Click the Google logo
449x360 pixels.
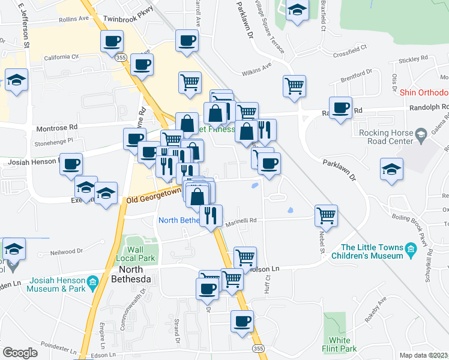pos(20,353)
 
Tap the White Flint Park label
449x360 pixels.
pos(340,344)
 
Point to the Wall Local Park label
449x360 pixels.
pos(139,254)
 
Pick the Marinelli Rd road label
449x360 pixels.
pos(241,220)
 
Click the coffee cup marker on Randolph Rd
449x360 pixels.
pos(341,108)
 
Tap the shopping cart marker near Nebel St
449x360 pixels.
pos(325,215)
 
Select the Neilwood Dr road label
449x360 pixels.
pos(66,251)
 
